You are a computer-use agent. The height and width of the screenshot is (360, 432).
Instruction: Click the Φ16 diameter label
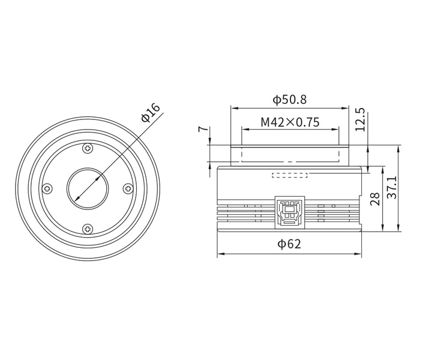[151, 112]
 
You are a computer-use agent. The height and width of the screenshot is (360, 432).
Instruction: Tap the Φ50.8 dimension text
[290, 100]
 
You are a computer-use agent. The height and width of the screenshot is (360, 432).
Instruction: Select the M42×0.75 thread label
[290, 122]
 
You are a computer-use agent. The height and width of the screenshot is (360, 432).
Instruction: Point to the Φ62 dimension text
[289, 244]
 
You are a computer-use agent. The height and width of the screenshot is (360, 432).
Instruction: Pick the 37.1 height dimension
[391, 187]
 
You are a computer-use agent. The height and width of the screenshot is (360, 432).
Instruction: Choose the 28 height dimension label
[374, 199]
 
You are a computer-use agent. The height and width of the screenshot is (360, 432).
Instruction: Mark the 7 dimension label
[203, 129]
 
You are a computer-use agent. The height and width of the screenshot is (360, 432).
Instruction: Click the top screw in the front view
[88, 149]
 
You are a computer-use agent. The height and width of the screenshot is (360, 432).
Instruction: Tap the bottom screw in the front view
[88, 229]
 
